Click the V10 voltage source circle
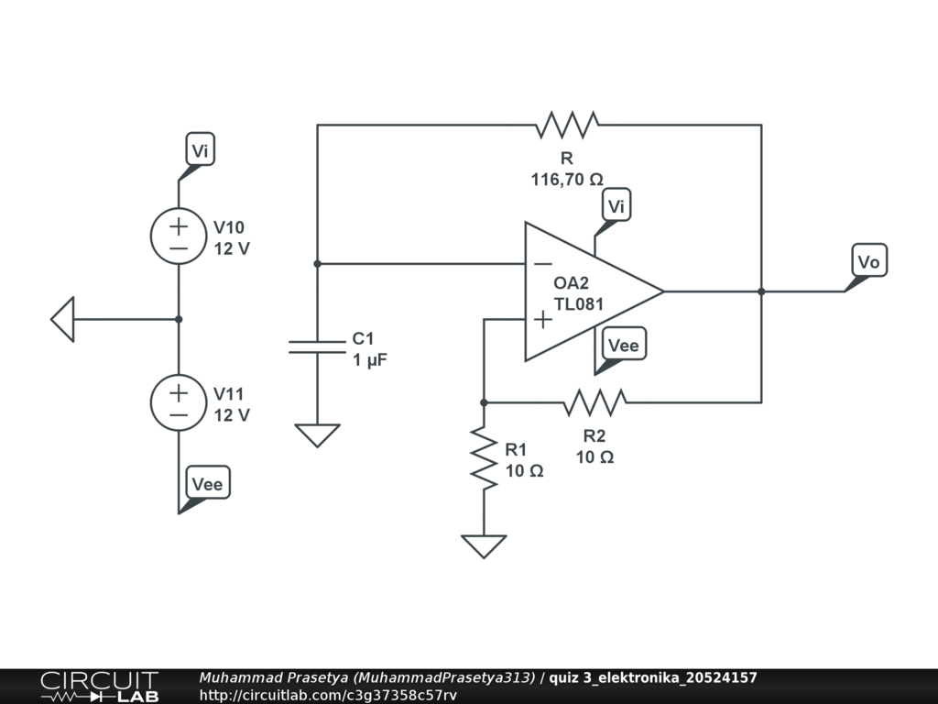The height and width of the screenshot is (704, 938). point(179,236)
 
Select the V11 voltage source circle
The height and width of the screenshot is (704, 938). point(179,402)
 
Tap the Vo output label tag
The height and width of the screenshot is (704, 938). point(868,261)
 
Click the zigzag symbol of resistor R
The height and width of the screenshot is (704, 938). point(566,125)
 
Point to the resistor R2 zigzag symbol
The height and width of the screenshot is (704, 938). point(594,402)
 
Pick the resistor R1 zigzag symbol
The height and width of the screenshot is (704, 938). point(484,457)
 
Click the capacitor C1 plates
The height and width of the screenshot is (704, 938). point(317,346)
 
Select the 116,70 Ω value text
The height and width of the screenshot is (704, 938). point(567,179)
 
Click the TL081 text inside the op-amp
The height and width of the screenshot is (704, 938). point(579,304)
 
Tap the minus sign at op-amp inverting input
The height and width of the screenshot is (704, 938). point(542,264)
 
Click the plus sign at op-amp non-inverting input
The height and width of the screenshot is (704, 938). point(542,320)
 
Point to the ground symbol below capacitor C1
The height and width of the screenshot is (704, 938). point(317,435)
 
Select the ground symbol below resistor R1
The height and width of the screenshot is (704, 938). point(484,546)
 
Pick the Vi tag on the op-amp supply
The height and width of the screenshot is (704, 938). point(616,205)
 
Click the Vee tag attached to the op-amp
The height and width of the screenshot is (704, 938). point(623,345)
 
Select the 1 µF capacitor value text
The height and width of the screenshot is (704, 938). point(370,359)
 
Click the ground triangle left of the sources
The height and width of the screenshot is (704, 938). point(63,319)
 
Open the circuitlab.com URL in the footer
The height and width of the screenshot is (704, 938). point(328,695)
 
